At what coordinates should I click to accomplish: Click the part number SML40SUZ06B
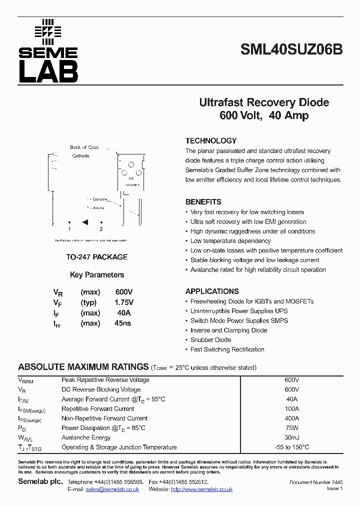291,50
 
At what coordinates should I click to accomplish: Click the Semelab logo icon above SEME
47,30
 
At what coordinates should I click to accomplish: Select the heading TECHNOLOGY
210,141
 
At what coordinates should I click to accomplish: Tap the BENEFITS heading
203,202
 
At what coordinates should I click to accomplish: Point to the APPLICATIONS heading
212,291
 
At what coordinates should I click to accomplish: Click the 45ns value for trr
122,323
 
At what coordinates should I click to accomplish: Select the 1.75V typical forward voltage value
124,302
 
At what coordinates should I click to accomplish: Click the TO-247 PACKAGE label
97,257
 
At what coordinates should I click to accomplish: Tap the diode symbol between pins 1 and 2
85,221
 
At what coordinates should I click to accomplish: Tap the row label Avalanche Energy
86,437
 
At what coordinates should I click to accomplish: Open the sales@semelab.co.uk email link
112,489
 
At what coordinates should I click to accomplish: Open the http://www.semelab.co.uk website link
201,489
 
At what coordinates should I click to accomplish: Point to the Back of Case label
84,147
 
